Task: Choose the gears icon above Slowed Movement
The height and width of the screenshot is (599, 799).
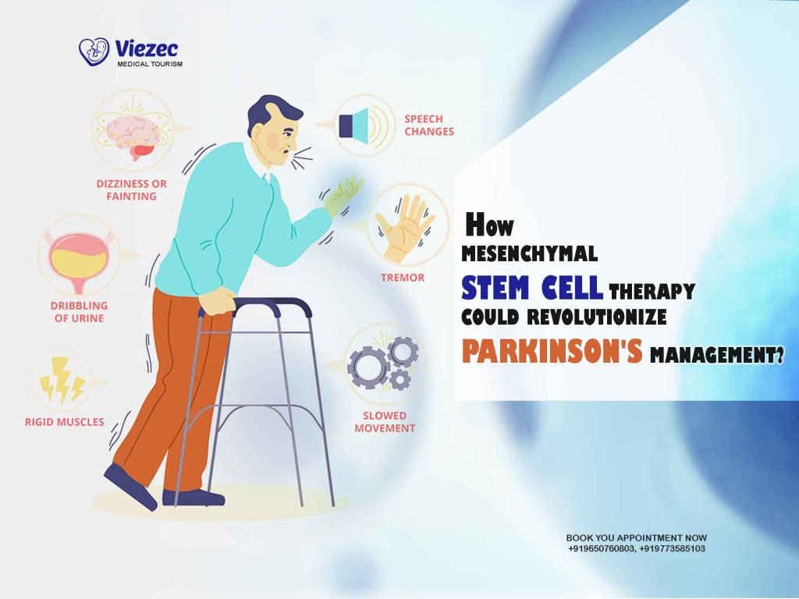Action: pos(383,364)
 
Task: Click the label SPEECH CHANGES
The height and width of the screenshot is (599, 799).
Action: pos(428,126)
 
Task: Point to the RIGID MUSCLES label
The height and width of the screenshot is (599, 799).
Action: pos(64,422)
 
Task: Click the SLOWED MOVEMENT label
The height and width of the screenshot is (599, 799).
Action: pos(385,422)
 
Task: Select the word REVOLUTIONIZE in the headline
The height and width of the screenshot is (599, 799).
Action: pos(601,317)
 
